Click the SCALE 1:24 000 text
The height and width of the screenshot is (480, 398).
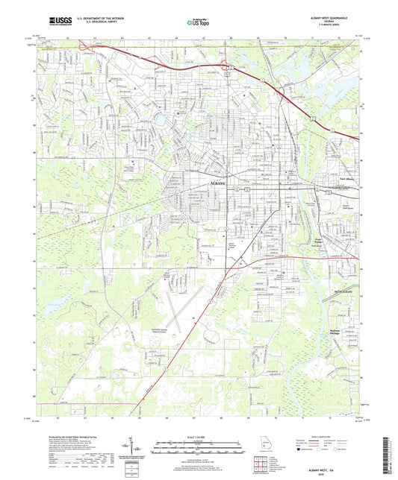coord(199,437)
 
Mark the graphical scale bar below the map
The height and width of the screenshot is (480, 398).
coord(199,445)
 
